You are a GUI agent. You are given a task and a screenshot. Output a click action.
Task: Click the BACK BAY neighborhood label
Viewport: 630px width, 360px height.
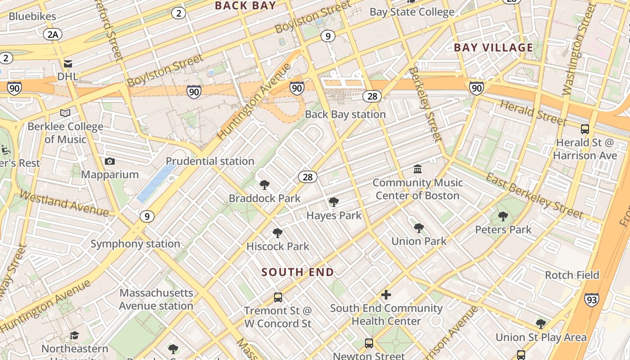[x=245, y=5]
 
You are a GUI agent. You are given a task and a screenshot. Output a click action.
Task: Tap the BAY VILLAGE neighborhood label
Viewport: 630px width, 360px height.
[x=493, y=48]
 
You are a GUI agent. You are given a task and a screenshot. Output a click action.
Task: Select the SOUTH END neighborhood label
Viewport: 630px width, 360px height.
[x=297, y=272]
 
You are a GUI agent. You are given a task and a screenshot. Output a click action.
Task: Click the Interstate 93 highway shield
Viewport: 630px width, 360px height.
[x=592, y=299]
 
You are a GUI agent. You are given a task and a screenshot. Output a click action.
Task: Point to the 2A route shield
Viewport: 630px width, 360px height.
[x=53, y=34]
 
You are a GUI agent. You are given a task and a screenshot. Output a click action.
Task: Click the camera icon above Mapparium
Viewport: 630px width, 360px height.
[x=109, y=161]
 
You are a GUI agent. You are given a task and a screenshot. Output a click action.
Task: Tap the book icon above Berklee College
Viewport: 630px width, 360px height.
[x=65, y=113]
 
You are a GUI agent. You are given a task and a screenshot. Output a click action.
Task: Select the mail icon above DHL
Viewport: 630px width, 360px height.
[x=68, y=64]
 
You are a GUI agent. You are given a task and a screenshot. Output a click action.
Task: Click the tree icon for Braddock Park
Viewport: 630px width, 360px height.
[x=265, y=185]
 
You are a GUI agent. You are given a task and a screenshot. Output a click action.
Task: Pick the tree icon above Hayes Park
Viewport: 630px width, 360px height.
[x=334, y=202]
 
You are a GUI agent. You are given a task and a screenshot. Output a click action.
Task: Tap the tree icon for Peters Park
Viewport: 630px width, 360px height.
[x=503, y=216]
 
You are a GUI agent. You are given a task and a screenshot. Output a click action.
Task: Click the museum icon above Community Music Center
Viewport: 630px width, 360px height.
[x=418, y=169]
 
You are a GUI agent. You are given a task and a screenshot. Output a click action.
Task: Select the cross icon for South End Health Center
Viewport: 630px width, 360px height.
[x=386, y=295]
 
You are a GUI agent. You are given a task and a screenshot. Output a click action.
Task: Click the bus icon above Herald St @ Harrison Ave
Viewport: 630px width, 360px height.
[x=585, y=129]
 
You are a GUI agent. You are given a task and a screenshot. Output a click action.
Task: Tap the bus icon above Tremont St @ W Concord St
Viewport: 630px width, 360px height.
[x=278, y=297]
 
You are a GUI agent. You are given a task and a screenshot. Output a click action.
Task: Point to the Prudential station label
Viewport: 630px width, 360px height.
[x=210, y=161]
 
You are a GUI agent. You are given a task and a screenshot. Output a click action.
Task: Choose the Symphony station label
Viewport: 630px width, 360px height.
[x=135, y=244]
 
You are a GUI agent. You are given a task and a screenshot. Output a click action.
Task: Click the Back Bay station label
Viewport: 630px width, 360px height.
[x=345, y=114]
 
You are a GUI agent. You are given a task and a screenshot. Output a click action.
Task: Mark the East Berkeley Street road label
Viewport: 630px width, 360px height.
[x=534, y=196]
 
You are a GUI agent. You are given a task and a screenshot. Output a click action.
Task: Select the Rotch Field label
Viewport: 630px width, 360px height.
[x=572, y=275]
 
